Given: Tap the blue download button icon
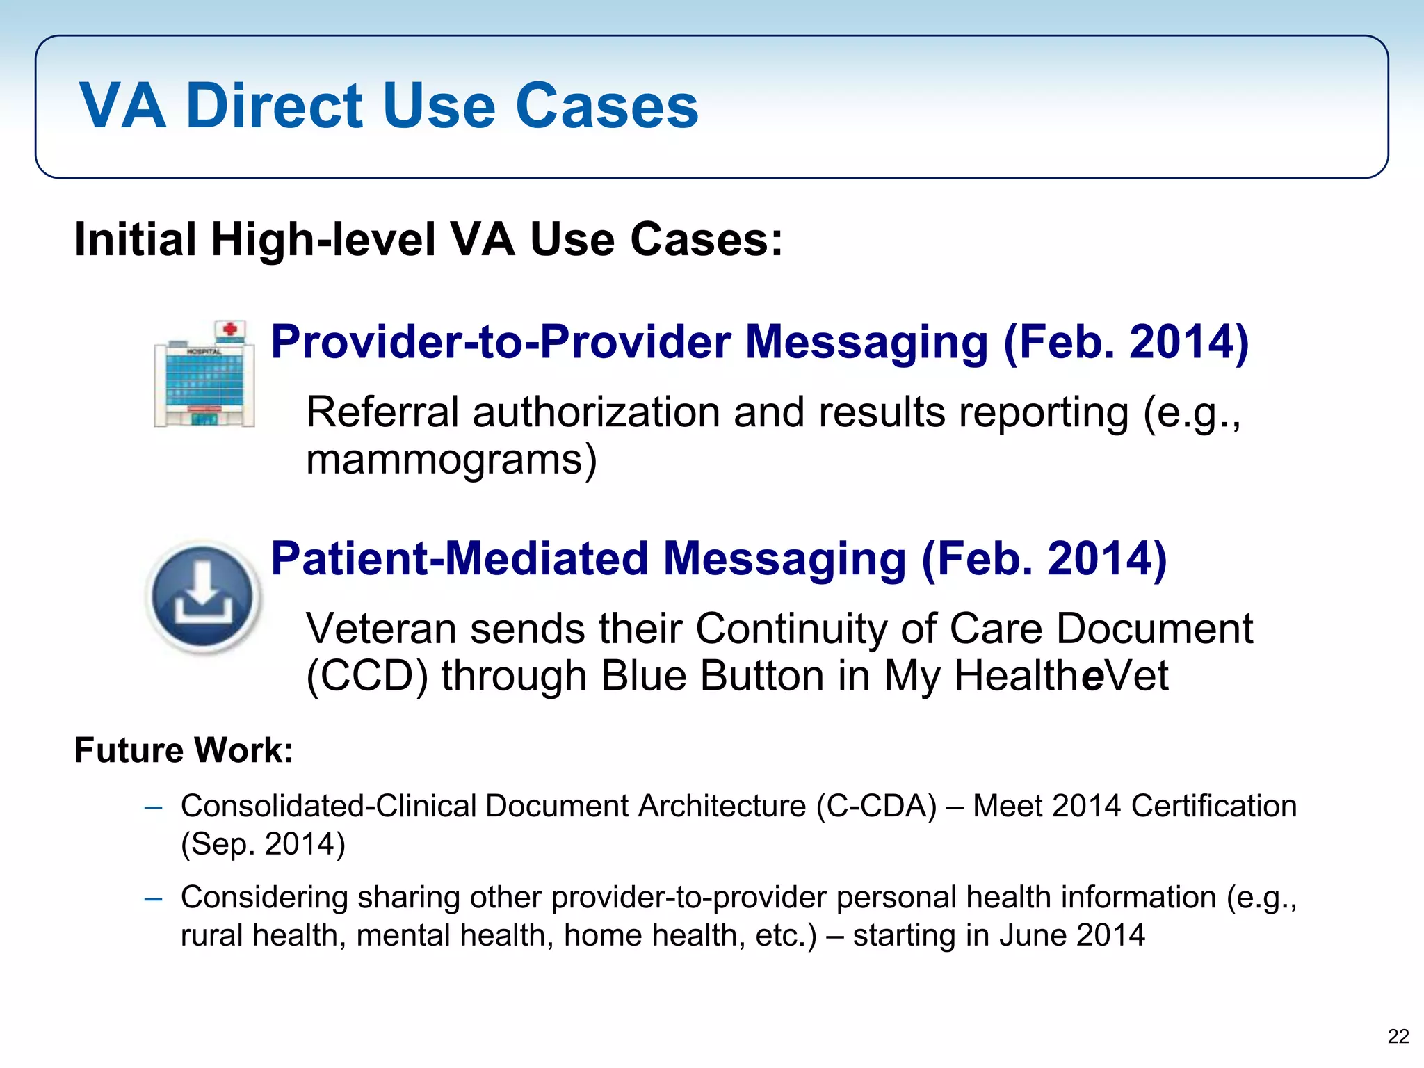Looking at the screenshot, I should (203, 597).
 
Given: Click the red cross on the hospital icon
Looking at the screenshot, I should (229, 328).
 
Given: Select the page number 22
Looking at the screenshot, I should (1398, 1036).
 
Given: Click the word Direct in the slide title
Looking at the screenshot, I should (274, 106).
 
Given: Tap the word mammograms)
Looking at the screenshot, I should (451, 460).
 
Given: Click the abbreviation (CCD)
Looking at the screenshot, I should (366, 677).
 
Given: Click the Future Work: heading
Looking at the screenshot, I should (184, 751).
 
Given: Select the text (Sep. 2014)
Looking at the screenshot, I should (263, 845).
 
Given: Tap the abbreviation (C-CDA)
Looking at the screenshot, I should (876, 807).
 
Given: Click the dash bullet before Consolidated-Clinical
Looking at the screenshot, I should (153, 807).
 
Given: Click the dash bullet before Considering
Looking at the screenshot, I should (153, 898).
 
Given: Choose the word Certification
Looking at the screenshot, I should (1213, 807).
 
